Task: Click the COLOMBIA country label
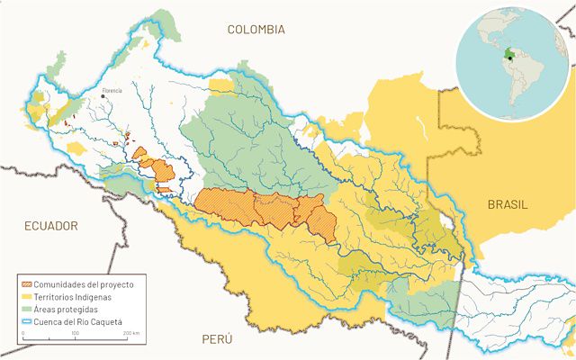coord(256,30)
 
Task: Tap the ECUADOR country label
coord(51,226)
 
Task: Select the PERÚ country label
coord(217,339)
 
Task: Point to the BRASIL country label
coord(508,204)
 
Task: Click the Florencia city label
coord(112,90)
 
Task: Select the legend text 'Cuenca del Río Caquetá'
coord(80,320)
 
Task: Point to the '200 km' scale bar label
coord(130,333)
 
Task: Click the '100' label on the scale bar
coord(76,333)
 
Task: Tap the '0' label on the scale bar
coord(22,333)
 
